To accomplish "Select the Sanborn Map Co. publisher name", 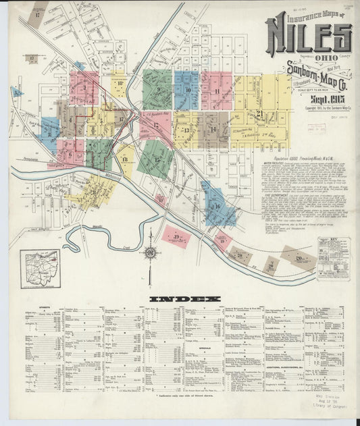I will pyautogui.click(x=311, y=74).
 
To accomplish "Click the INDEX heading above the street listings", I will pyautogui.click(x=184, y=299).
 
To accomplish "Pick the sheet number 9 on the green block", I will pyautogui.click(x=158, y=89).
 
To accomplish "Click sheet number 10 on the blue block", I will pyautogui.click(x=187, y=90).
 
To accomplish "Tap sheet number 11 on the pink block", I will pyautogui.click(x=217, y=90).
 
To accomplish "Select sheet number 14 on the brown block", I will pyautogui.click(x=213, y=128).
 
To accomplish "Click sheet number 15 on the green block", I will pyautogui.click(x=157, y=159).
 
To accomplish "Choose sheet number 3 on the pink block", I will pyautogui.click(x=84, y=88).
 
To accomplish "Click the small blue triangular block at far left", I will pyautogui.click(x=17, y=92).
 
